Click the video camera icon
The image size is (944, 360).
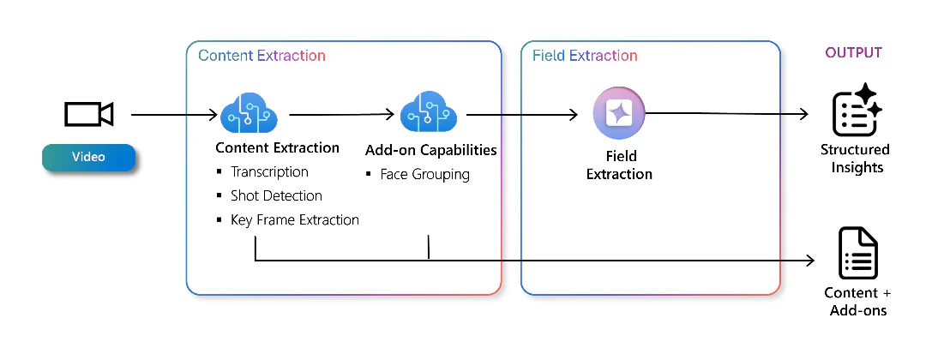[x=88, y=114]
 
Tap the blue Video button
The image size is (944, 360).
[x=88, y=157]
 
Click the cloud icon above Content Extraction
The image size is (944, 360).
[x=249, y=112]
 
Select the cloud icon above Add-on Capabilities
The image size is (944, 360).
[x=429, y=111]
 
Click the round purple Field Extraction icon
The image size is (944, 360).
[x=619, y=113]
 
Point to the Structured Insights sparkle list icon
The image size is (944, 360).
[x=857, y=110]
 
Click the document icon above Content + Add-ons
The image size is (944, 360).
[x=858, y=253]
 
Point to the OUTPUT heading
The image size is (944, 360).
[x=854, y=52]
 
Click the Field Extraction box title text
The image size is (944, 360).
[x=585, y=56]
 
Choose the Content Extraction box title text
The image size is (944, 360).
[x=262, y=56]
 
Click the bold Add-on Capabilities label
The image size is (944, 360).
[x=431, y=149]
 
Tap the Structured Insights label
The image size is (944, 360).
[x=856, y=159]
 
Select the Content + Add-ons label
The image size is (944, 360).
[x=858, y=302]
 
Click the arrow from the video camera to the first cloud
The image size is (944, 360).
[x=174, y=114]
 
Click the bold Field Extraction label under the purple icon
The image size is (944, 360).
[x=620, y=165]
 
